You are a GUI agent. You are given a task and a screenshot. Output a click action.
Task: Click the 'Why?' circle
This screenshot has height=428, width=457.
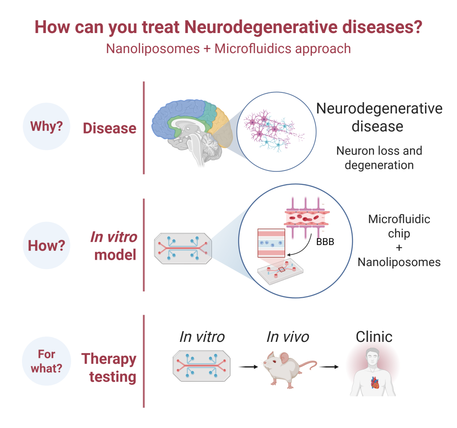(47, 126)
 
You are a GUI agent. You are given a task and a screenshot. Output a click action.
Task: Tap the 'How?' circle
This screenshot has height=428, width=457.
(47, 245)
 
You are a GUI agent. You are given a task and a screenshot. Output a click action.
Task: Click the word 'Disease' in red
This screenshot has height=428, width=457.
(110, 129)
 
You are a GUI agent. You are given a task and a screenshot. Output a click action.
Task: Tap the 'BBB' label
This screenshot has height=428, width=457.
(324, 242)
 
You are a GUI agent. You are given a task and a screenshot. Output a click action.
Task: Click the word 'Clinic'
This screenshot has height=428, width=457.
(374, 337)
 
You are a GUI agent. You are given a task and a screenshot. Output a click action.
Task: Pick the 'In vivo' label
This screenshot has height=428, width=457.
(287, 337)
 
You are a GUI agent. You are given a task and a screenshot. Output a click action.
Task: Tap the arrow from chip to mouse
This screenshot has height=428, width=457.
(248, 367)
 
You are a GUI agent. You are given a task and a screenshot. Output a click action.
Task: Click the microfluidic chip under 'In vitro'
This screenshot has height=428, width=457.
(202, 366)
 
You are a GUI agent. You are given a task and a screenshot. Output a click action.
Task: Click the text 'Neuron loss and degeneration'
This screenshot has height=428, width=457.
(379, 158)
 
